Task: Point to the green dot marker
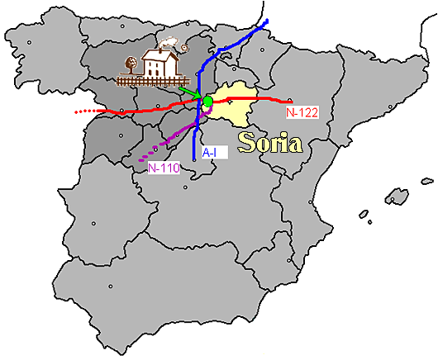(x=207, y=101)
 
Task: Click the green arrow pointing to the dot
(x=192, y=92)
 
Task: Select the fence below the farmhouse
(x=154, y=82)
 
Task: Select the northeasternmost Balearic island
(x=426, y=181)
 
